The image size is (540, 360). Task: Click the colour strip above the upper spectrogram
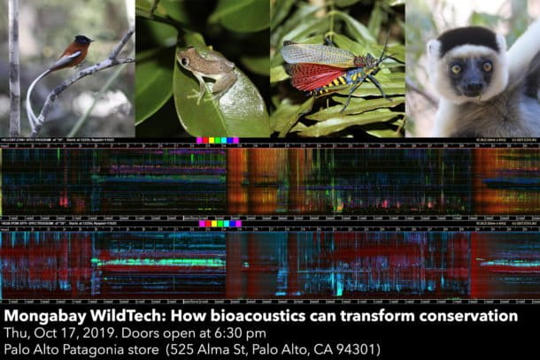click(x=217, y=141)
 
